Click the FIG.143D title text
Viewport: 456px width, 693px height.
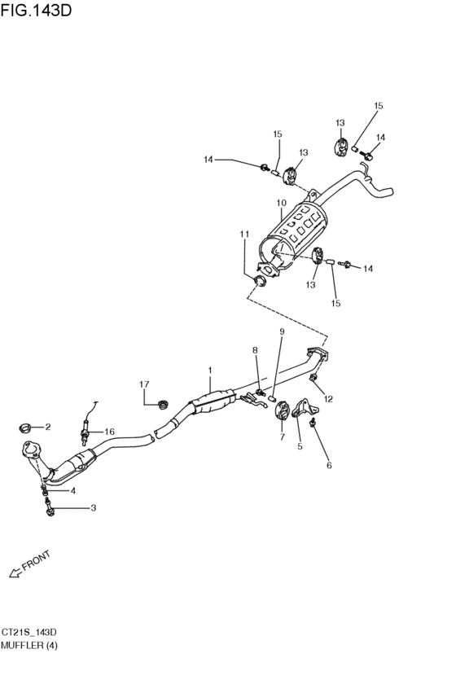click(36, 10)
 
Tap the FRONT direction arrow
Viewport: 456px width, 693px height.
click(16, 572)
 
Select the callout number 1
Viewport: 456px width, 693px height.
click(210, 370)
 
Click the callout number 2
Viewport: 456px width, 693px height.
click(48, 427)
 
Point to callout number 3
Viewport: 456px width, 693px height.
click(93, 508)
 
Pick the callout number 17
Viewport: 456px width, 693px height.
click(144, 384)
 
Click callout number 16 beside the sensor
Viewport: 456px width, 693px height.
click(109, 432)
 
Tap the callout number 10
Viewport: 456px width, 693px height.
click(282, 203)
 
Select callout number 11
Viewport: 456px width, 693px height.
click(244, 234)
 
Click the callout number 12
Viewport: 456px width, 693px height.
click(328, 399)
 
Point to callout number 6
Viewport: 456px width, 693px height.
click(329, 465)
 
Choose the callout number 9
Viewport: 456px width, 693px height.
click(282, 331)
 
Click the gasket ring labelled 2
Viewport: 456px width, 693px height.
click(25, 428)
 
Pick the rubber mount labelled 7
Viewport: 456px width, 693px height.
click(281, 410)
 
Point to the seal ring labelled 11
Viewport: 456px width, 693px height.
click(259, 280)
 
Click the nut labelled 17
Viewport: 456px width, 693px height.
click(164, 404)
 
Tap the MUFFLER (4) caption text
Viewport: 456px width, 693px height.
click(29, 645)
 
